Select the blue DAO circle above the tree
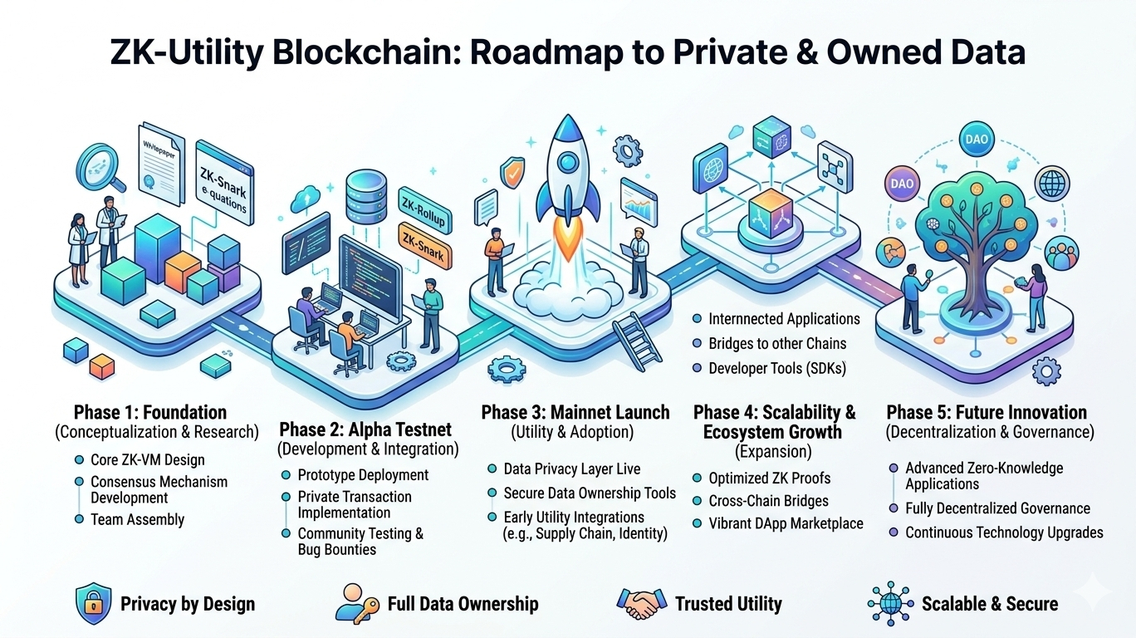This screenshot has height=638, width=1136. pos(977,140)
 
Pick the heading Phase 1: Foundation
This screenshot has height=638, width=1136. pos(150,412)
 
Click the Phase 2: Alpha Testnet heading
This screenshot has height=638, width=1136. pos(365,429)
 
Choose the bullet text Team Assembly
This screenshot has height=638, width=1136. pos(137,520)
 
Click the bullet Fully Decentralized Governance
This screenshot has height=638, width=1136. pos(997,508)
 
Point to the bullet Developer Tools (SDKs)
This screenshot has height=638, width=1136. pos(776,368)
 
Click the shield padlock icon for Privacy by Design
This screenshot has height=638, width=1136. pos(92,604)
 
